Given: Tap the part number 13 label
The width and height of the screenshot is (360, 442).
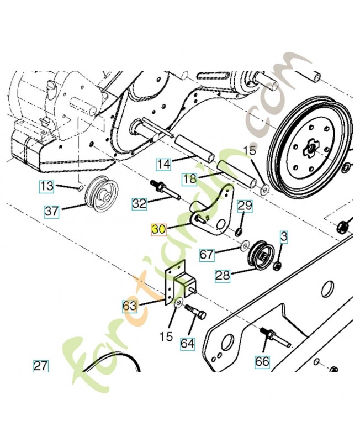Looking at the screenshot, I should [x=47, y=186].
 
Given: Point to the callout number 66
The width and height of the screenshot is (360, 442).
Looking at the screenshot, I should [x=263, y=362].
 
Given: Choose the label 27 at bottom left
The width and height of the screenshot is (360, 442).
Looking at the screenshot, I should [x=40, y=366].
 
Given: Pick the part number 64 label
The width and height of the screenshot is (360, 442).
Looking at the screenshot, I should [x=188, y=344].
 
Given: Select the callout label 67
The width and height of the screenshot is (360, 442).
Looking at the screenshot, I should [x=206, y=255].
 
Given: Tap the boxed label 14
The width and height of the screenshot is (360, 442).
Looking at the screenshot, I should [x=163, y=164].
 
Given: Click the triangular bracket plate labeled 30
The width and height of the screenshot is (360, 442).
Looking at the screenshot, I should [x=220, y=210].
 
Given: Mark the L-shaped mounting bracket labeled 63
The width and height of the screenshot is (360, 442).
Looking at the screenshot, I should [x=178, y=283].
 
